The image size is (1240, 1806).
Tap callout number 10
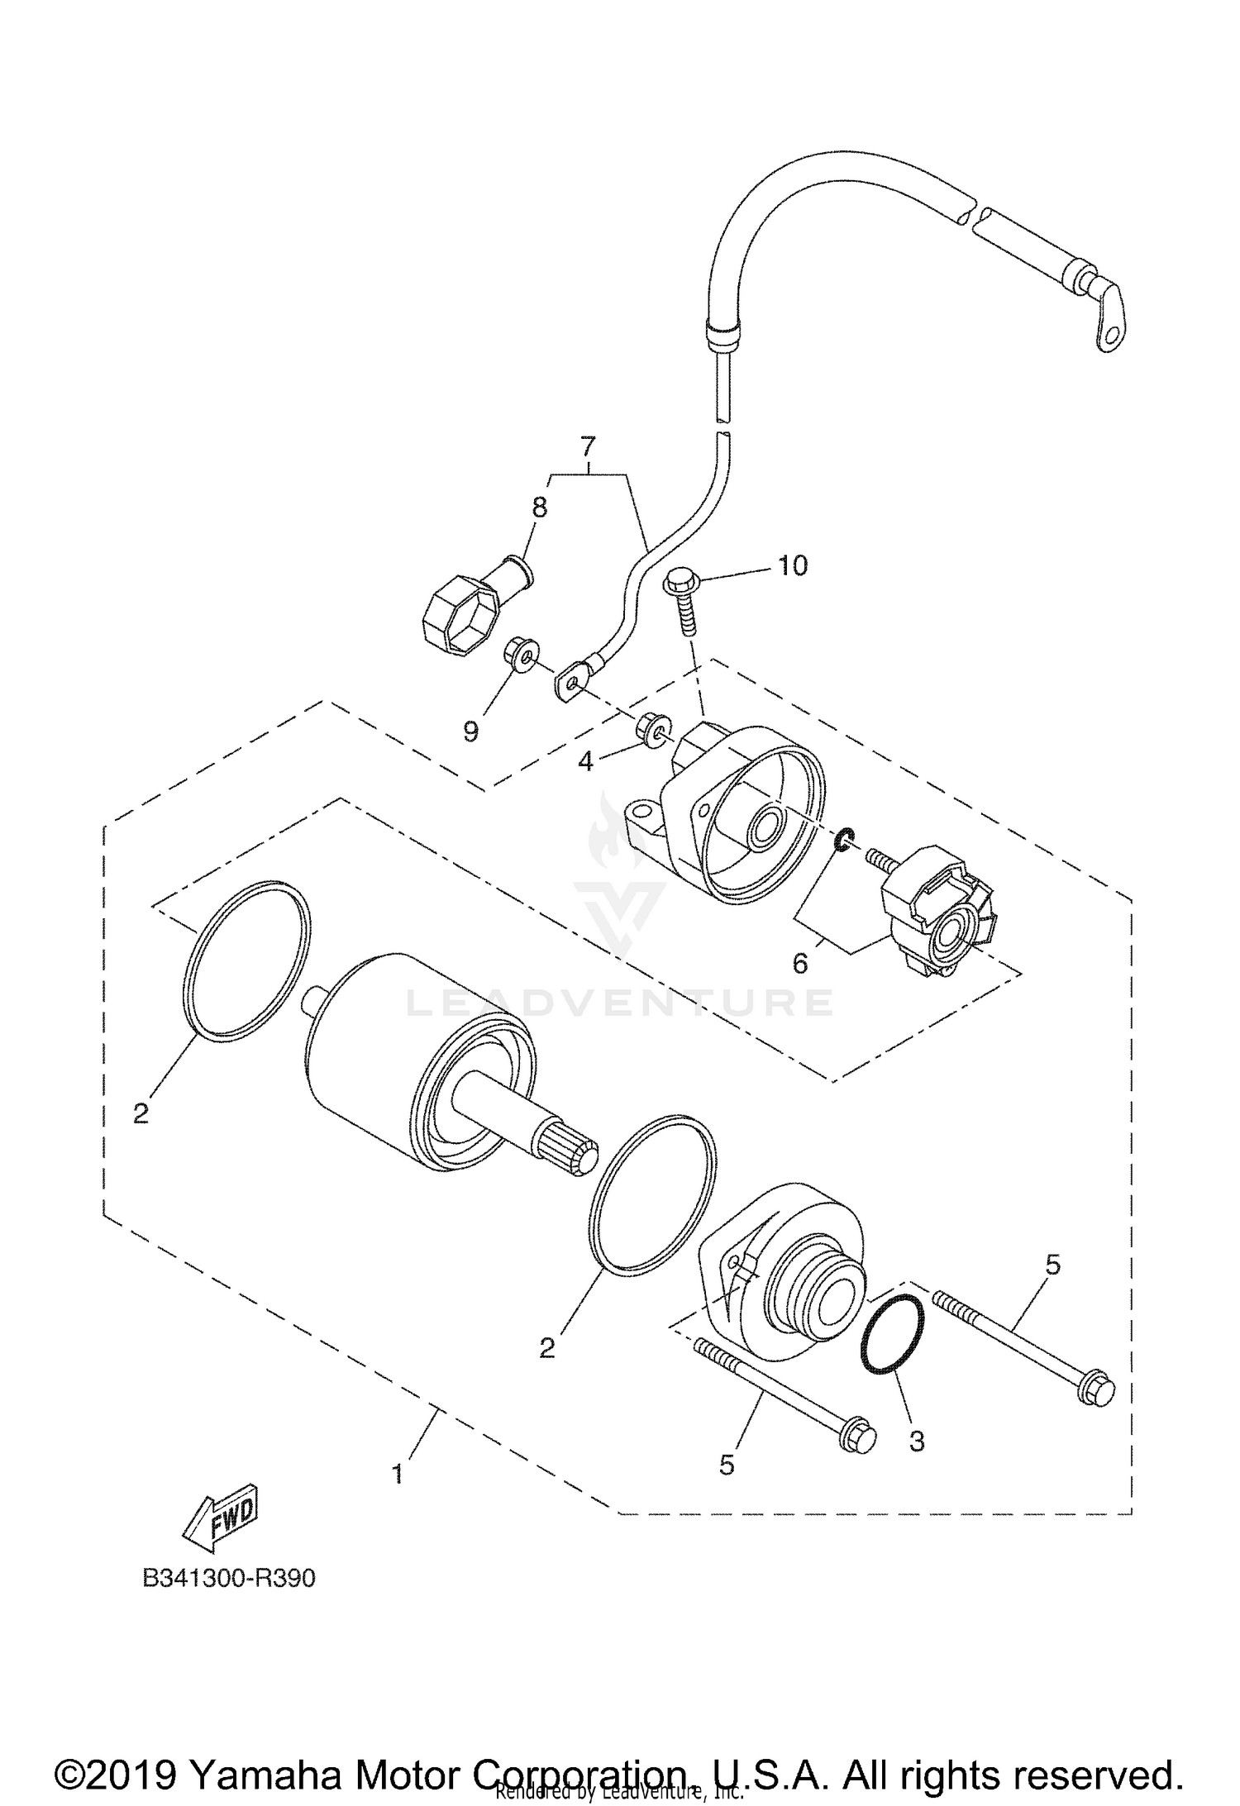point(792,566)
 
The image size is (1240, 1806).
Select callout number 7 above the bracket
point(588,447)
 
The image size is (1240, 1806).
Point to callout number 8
point(539,507)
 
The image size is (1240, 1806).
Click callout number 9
point(471,731)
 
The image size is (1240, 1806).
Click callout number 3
point(916,1441)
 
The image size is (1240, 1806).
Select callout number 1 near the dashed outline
point(398,1473)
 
